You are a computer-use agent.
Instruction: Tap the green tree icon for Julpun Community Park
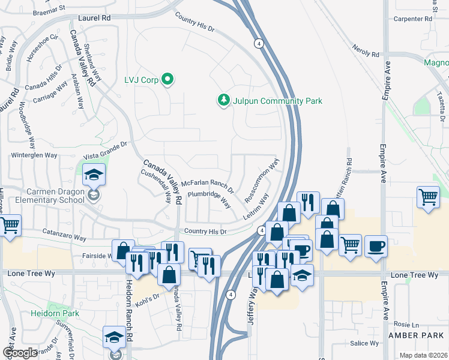point(224,100)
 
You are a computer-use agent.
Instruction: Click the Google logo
point(20,353)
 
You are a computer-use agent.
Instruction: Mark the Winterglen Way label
point(34,155)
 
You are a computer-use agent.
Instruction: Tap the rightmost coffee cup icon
point(376,246)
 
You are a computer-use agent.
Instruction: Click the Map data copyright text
point(424,355)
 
